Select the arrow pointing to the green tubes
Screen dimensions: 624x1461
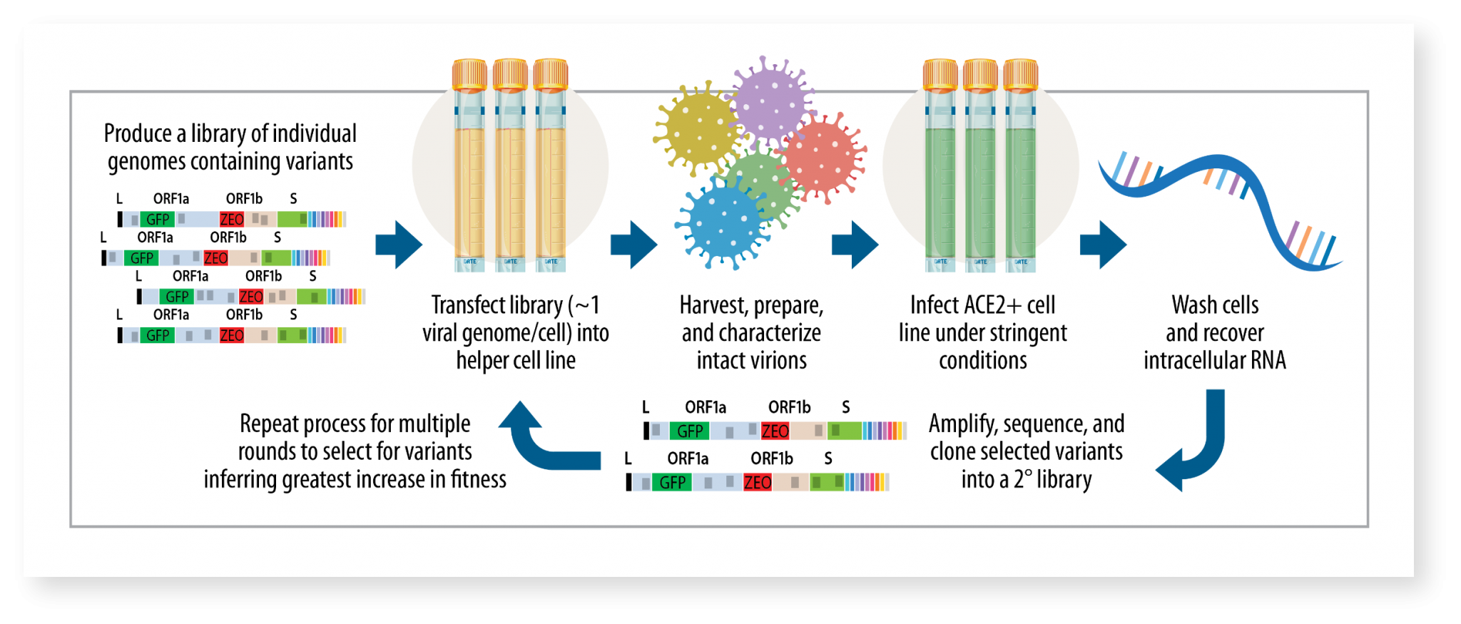tap(855, 245)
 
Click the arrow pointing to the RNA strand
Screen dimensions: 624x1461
tap(1103, 245)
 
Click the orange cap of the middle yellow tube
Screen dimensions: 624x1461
tap(510, 74)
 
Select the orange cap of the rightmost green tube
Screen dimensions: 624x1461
tap(1020, 74)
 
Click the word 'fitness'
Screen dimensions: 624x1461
tap(478, 479)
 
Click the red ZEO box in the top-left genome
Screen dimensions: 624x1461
tap(232, 220)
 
